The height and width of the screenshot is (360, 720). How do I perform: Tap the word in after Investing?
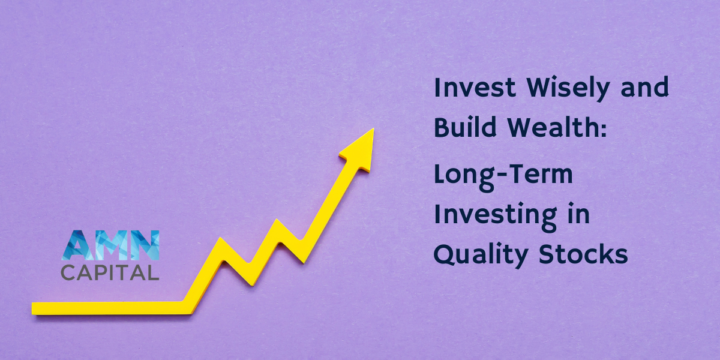pyautogui.click(x=577, y=214)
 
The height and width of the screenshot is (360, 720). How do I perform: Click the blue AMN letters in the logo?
pyautogui.click(x=110, y=245)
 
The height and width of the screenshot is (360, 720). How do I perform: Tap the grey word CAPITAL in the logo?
pyautogui.click(x=110, y=272)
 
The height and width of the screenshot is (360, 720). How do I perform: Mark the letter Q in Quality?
pyautogui.click(x=445, y=255)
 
